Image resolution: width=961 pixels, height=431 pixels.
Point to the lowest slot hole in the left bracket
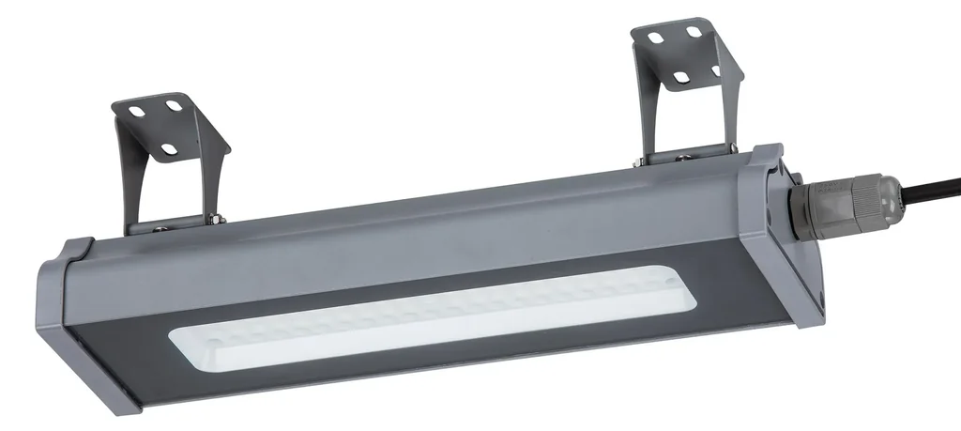pos(170,147)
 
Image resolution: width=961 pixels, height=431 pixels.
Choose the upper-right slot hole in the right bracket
pos(694,33)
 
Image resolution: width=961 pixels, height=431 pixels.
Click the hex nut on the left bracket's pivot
pos(216,220)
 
